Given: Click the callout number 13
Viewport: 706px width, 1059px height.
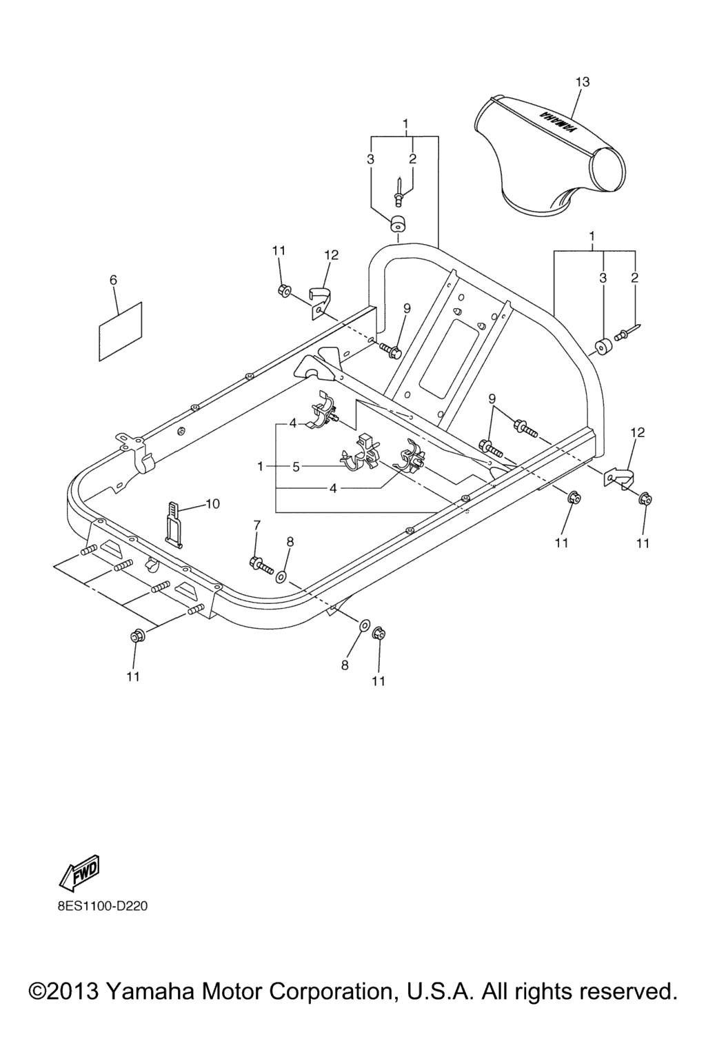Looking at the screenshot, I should [x=583, y=82].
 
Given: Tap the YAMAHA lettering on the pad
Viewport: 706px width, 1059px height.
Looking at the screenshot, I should [x=556, y=121].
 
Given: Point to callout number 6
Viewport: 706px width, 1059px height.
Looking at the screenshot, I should [x=114, y=280].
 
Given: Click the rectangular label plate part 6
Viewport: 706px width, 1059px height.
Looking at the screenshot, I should [x=121, y=330].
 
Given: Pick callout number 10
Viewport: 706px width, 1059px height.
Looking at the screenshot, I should [x=212, y=504].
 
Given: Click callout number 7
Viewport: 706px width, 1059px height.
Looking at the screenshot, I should [x=256, y=526].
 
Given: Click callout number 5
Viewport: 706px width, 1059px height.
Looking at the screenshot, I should [x=296, y=467].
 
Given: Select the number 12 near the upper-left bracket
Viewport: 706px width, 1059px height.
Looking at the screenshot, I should [x=331, y=255].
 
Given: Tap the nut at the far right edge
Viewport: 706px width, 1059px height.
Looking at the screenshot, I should [x=644, y=498].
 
